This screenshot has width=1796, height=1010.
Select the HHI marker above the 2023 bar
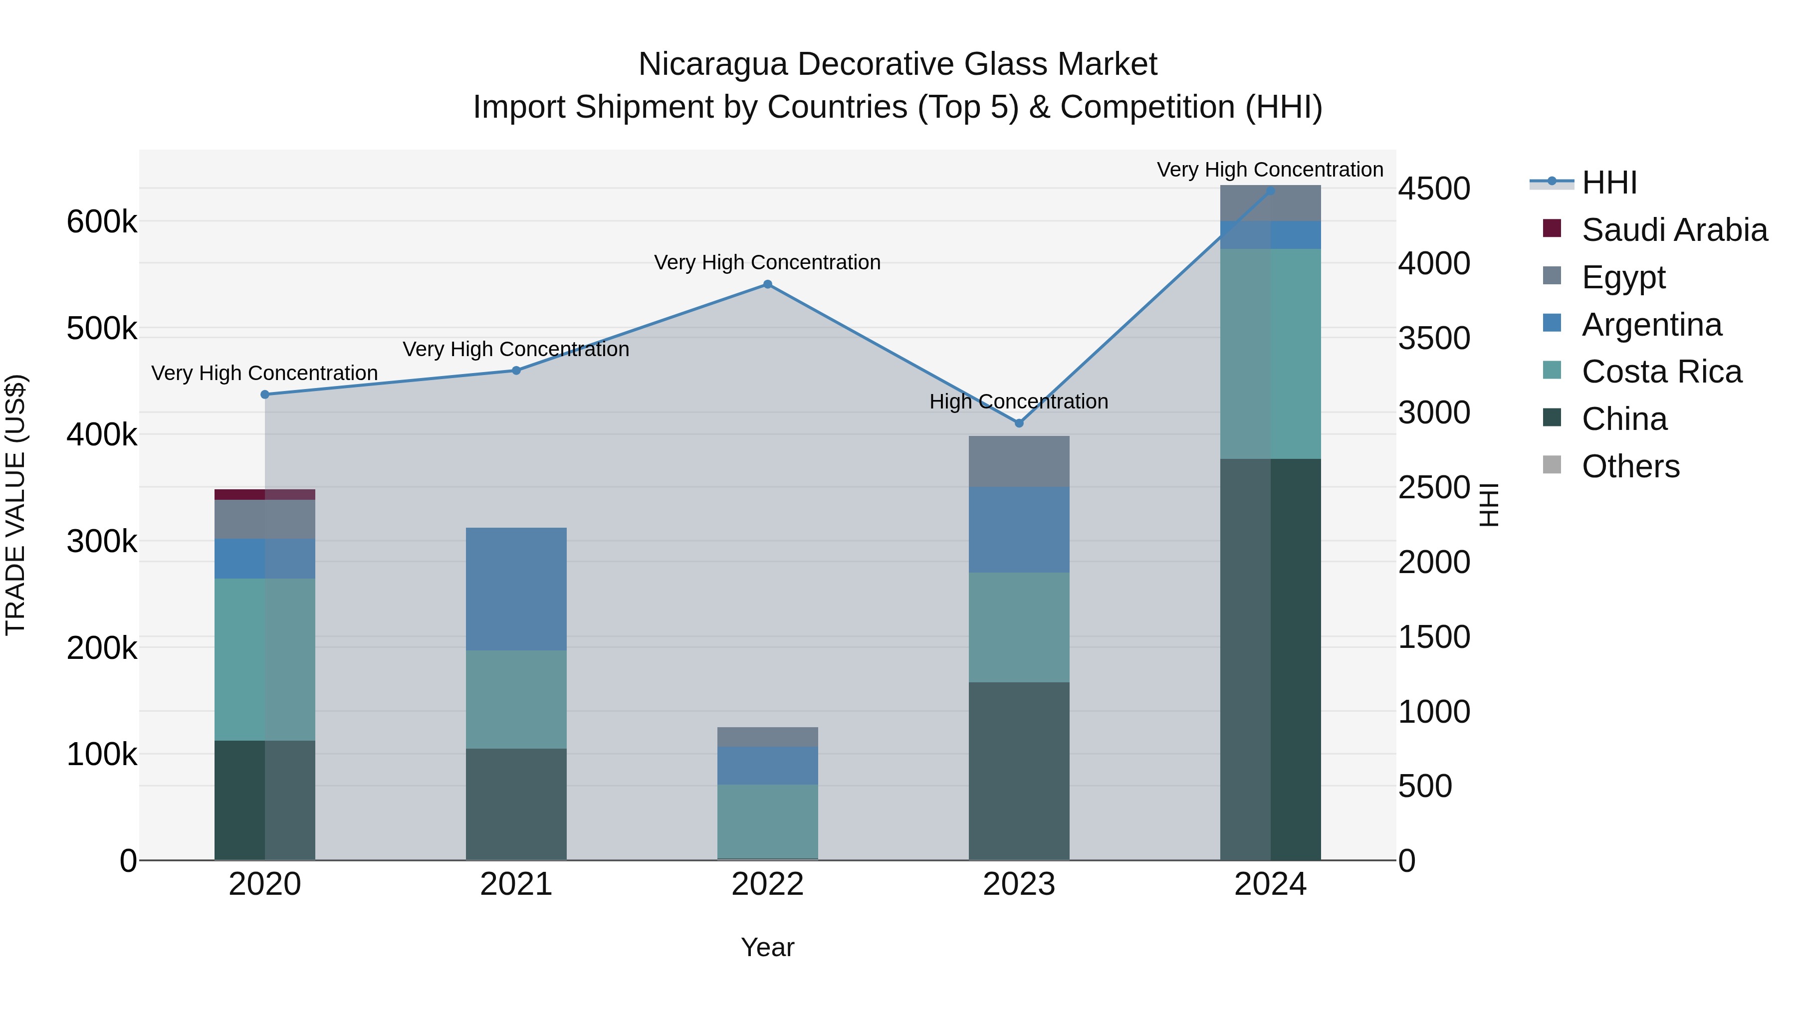coord(1019,423)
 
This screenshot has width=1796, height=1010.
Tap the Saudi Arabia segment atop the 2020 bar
coord(264,494)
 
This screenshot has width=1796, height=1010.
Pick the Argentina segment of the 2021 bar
coord(516,589)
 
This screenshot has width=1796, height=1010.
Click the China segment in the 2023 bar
coord(1019,770)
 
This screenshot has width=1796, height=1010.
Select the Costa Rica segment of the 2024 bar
coord(1270,354)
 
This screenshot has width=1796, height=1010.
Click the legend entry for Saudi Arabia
coord(1674,230)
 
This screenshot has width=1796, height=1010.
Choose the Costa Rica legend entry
coord(1661,372)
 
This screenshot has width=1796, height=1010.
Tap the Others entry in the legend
coord(1630,466)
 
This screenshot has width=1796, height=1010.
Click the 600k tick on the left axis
coord(102,222)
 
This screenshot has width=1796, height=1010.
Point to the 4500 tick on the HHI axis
coord(1433,189)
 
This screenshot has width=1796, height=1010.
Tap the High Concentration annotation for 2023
coord(1019,402)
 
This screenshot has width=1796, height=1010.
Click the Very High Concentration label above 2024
coord(1270,170)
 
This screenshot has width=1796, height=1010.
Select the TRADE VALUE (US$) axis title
coord(15,505)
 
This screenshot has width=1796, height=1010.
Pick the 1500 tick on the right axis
coord(1433,637)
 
